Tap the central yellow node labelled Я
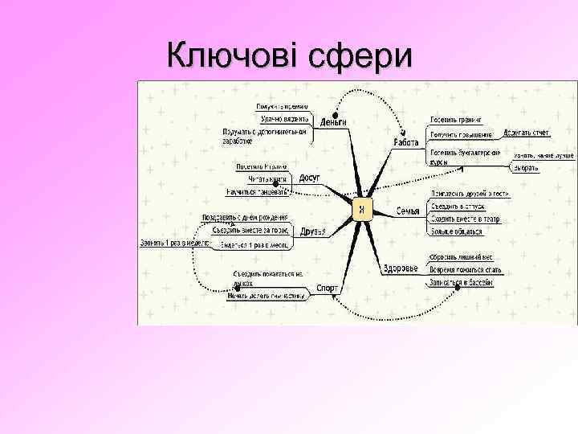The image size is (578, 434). click(363, 210)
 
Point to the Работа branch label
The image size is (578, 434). click(406, 142)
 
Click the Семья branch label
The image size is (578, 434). click(409, 211)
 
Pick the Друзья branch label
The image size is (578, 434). click(312, 231)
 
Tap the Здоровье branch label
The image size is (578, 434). click(400, 268)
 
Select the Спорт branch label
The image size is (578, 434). click(327, 287)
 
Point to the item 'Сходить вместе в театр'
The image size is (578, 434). click(465, 219)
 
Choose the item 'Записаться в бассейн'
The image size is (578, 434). click(461, 283)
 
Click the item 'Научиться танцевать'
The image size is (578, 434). click(258, 191)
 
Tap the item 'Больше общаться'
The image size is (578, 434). click(457, 231)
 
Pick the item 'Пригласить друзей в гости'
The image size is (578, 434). click(470, 194)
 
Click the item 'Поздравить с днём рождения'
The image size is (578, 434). click(244, 218)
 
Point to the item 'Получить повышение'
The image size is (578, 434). click(462, 134)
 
